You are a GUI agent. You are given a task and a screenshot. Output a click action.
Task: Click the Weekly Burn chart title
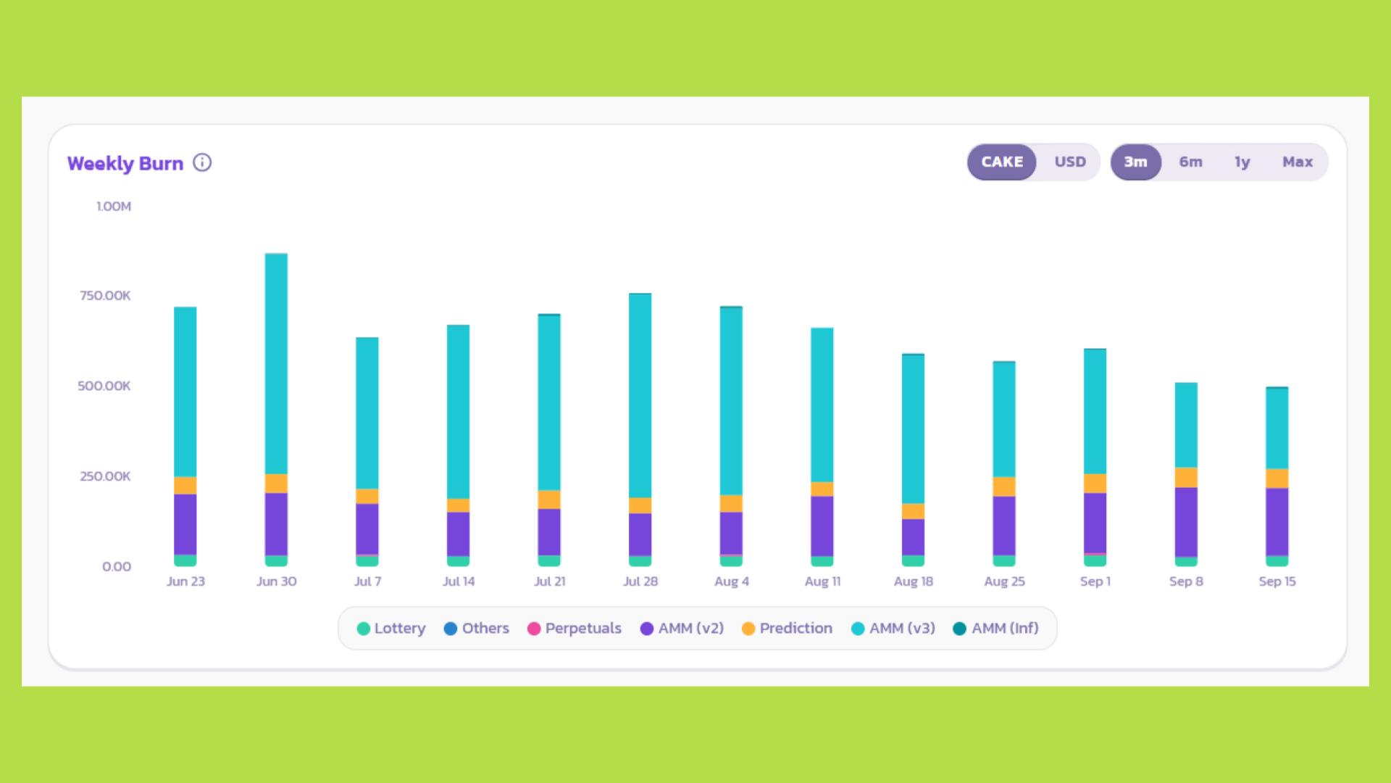click(x=125, y=163)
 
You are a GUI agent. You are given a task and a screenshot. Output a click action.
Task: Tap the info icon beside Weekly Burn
click(x=202, y=162)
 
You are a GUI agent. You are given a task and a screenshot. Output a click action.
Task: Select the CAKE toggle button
click(x=1002, y=162)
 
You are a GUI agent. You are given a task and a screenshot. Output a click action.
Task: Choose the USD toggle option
click(x=1069, y=162)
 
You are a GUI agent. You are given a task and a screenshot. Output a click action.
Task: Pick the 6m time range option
click(x=1190, y=162)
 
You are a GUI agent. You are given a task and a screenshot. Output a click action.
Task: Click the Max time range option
click(x=1297, y=162)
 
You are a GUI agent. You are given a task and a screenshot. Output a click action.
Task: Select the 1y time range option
click(x=1242, y=162)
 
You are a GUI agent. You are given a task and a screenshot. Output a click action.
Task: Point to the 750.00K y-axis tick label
click(x=106, y=296)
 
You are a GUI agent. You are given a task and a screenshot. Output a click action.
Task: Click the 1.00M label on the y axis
click(x=114, y=207)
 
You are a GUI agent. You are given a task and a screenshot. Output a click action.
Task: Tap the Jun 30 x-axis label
click(x=276, y=581)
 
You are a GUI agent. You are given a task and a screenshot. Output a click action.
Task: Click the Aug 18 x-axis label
click(x=913, y=581)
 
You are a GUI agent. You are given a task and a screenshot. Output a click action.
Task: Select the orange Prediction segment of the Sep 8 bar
click(x=1185, y=477)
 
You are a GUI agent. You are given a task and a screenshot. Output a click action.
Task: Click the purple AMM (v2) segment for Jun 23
click(x=185, y=523)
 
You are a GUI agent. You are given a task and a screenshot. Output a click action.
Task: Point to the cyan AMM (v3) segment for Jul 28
click(x=640, y=395)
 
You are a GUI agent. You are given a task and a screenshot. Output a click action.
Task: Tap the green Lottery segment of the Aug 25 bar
click(x=1003, y=560)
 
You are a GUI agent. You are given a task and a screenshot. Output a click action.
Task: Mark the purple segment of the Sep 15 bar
click(x=1277, y=521)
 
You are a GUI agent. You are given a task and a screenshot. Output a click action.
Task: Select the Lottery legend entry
click(x=391, y=629)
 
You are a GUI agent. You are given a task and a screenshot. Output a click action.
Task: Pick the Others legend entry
click(x=477, y=629)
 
